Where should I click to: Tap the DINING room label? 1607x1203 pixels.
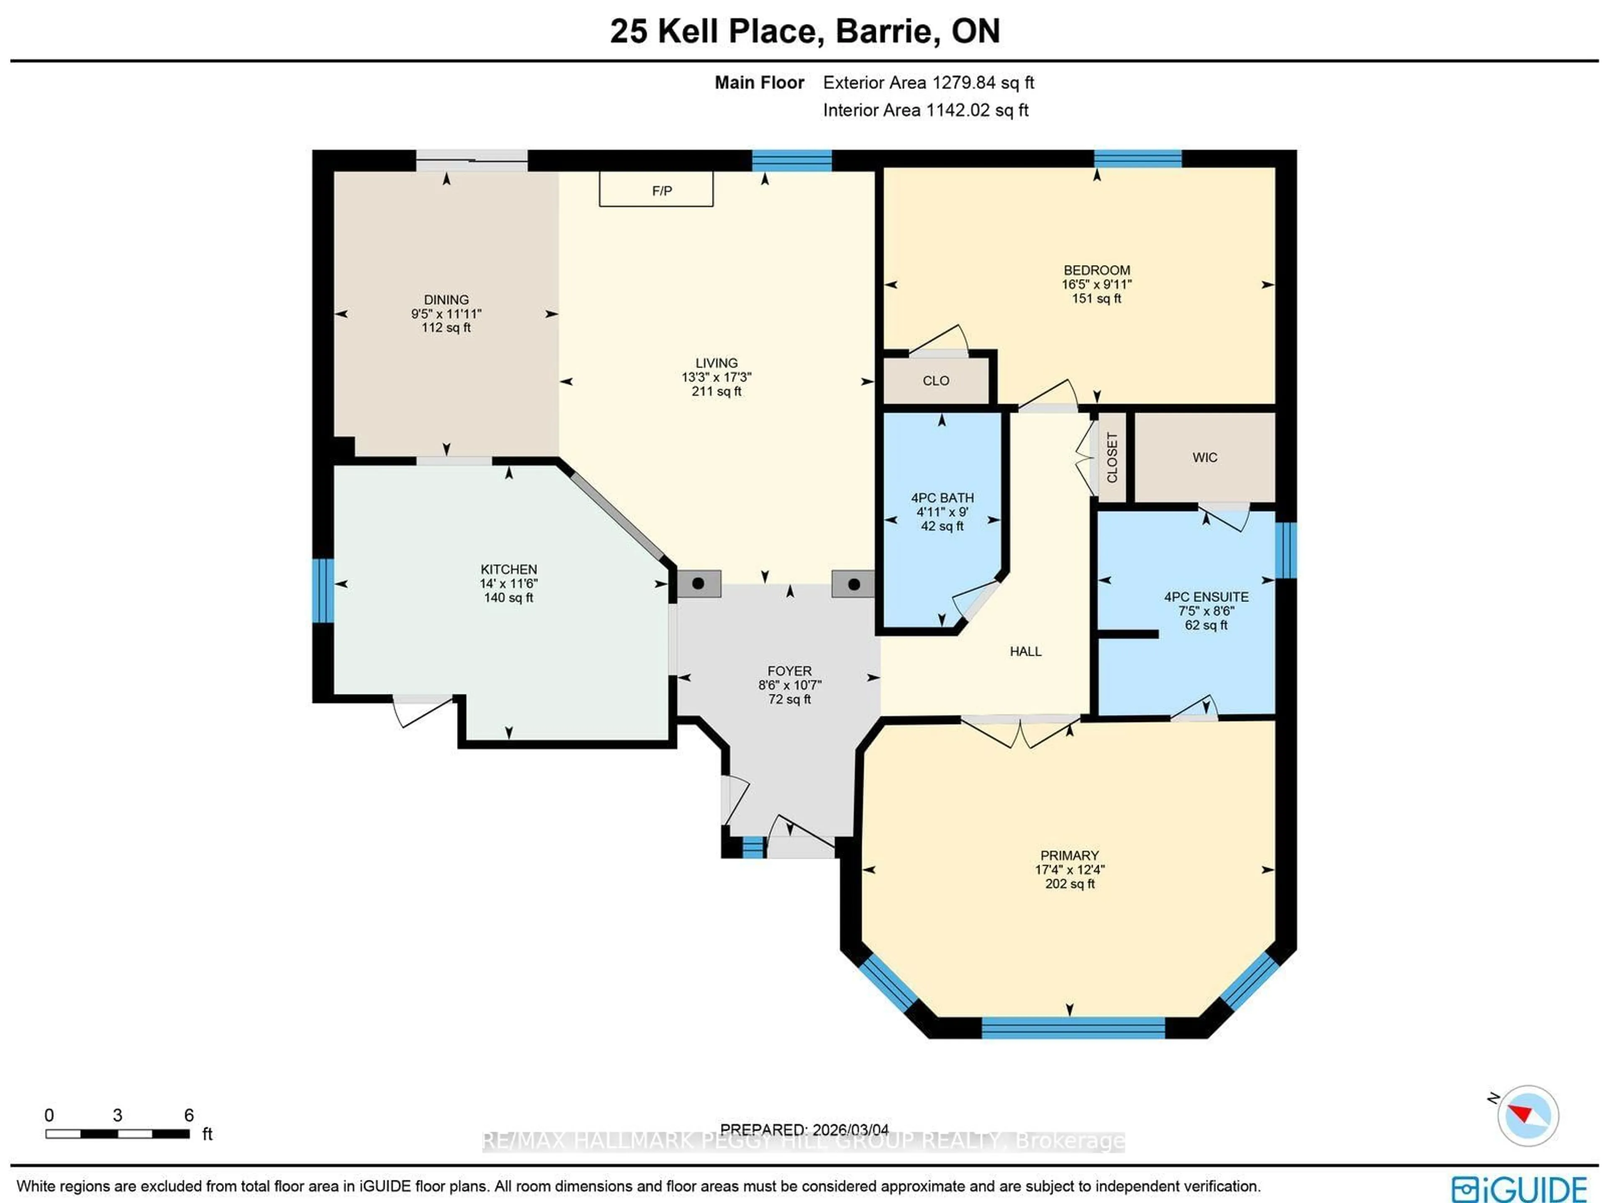point(446,299)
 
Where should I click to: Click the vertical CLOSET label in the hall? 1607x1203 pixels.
point(1112,458)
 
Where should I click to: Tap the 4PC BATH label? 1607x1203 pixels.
point(942,498)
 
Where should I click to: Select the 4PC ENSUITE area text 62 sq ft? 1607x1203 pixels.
point(1206,625)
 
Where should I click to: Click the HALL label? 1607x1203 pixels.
point(1025,652)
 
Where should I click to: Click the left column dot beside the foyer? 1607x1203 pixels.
point(698,583)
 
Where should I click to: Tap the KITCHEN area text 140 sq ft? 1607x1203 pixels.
point(508,598)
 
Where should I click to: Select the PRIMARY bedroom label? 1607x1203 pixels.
point(1069,855)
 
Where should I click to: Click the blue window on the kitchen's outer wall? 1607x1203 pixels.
point(323,590)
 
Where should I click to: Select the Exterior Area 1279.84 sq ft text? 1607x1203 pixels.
point(928,83)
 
